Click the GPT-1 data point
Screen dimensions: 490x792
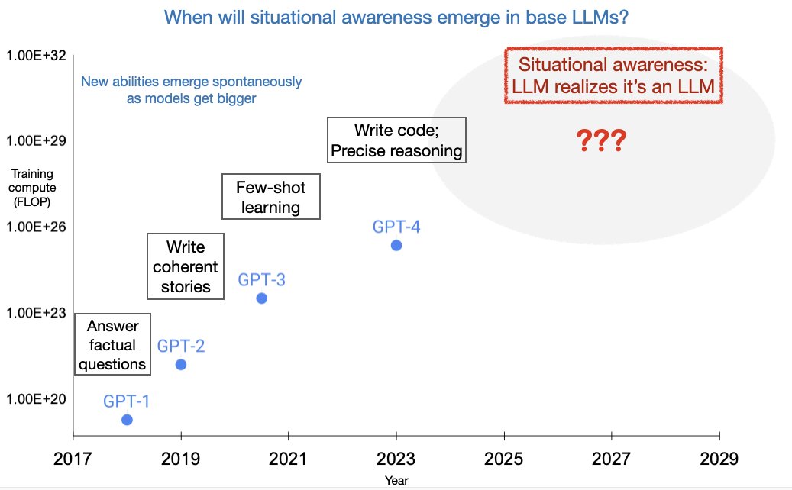coord(127,420)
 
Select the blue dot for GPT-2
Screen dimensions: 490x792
coord(181,364)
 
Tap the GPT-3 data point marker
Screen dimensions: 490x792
coord(261,298)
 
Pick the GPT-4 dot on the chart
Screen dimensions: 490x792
coord(396,245)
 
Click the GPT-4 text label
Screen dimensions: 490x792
coord(396,227)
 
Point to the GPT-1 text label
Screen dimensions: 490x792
coord(127,401)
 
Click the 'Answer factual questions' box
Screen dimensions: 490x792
coord(112,345)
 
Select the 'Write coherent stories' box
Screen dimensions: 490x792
coord(186,266)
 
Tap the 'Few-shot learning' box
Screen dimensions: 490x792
coord(270,197)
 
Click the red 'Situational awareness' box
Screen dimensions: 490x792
coord(613,76)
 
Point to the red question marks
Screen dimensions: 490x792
coord(601,140)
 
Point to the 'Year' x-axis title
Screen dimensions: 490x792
coord(396,481)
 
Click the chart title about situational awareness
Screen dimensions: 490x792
coord(396,16)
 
